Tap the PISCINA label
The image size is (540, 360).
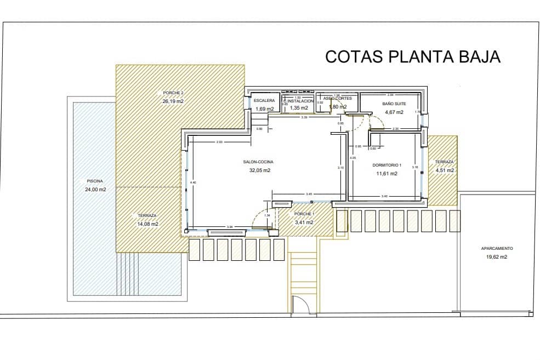click(95, 181)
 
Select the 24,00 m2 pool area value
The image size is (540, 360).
click(95, 190)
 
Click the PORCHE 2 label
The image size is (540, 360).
click(173, 93)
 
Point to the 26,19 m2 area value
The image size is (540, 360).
click(173, 101)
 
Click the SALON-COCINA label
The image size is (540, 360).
click(258, 162)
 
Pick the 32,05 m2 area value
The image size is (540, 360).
click(259, 170)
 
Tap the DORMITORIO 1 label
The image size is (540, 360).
click(387, 165)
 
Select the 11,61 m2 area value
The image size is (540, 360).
click(386, 174)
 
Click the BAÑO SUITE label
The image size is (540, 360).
click(394, 103)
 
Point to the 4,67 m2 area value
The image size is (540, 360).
click(394, 112)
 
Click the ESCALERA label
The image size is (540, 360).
click(264, 101)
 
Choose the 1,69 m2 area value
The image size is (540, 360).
click(264, 109)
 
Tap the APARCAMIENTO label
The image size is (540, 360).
click(497, 248)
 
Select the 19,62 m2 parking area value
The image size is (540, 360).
click(496, 256)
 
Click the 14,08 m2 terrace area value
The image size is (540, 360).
click(147, 224)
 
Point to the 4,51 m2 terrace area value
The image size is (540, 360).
click(445, 170)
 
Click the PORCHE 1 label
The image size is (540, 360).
click(304, 214)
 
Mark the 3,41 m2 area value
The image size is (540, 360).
click(304, 222)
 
